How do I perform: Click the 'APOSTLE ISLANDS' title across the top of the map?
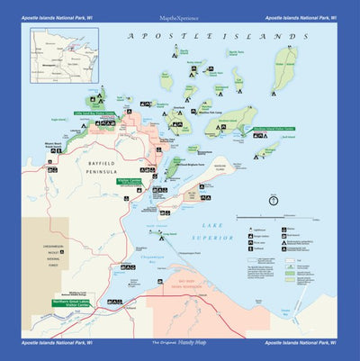pyautogui.click(x=211, y=37)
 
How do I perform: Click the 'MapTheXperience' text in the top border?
pyautogui.click(x=179, y=15)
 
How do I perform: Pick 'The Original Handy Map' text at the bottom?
pyautogui.click(x=179, y=344)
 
